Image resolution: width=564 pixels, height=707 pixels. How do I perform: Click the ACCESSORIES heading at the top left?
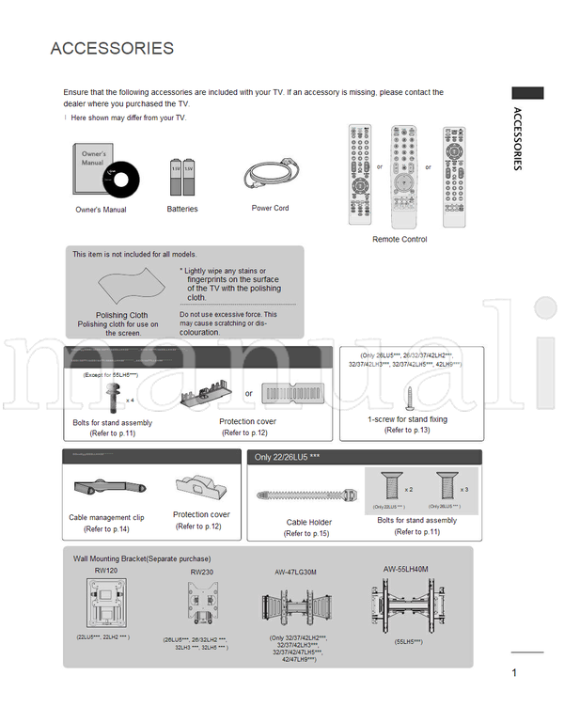pyautogui.click(x=112, y=49)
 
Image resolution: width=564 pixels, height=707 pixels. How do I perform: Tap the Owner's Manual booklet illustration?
pyautogui.click(x=104, y=172)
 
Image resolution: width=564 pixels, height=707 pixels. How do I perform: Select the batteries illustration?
pyautogui.click(x=181, y=176)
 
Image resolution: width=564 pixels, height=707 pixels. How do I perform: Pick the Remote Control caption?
pyautogui.click(x=399, y=240)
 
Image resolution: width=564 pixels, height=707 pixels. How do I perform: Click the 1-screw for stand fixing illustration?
pyautogui.click(x=409, y=394)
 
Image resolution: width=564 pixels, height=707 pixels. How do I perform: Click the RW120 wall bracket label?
pyautogui.click(x=106, y=570)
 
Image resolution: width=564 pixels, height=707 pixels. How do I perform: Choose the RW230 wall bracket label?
pyautogui.click(x=201, y=572)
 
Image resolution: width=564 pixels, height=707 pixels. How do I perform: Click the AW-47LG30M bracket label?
pyautogui.click(x=296, y=572)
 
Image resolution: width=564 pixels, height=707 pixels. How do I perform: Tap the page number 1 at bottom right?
pyautogui.click(x=515, y=671)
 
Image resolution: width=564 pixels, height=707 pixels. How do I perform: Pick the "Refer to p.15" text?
pyautogui.click(x=306, y=533)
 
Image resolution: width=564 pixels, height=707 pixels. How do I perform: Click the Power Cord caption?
pyautogui.click(x=270, y=209)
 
